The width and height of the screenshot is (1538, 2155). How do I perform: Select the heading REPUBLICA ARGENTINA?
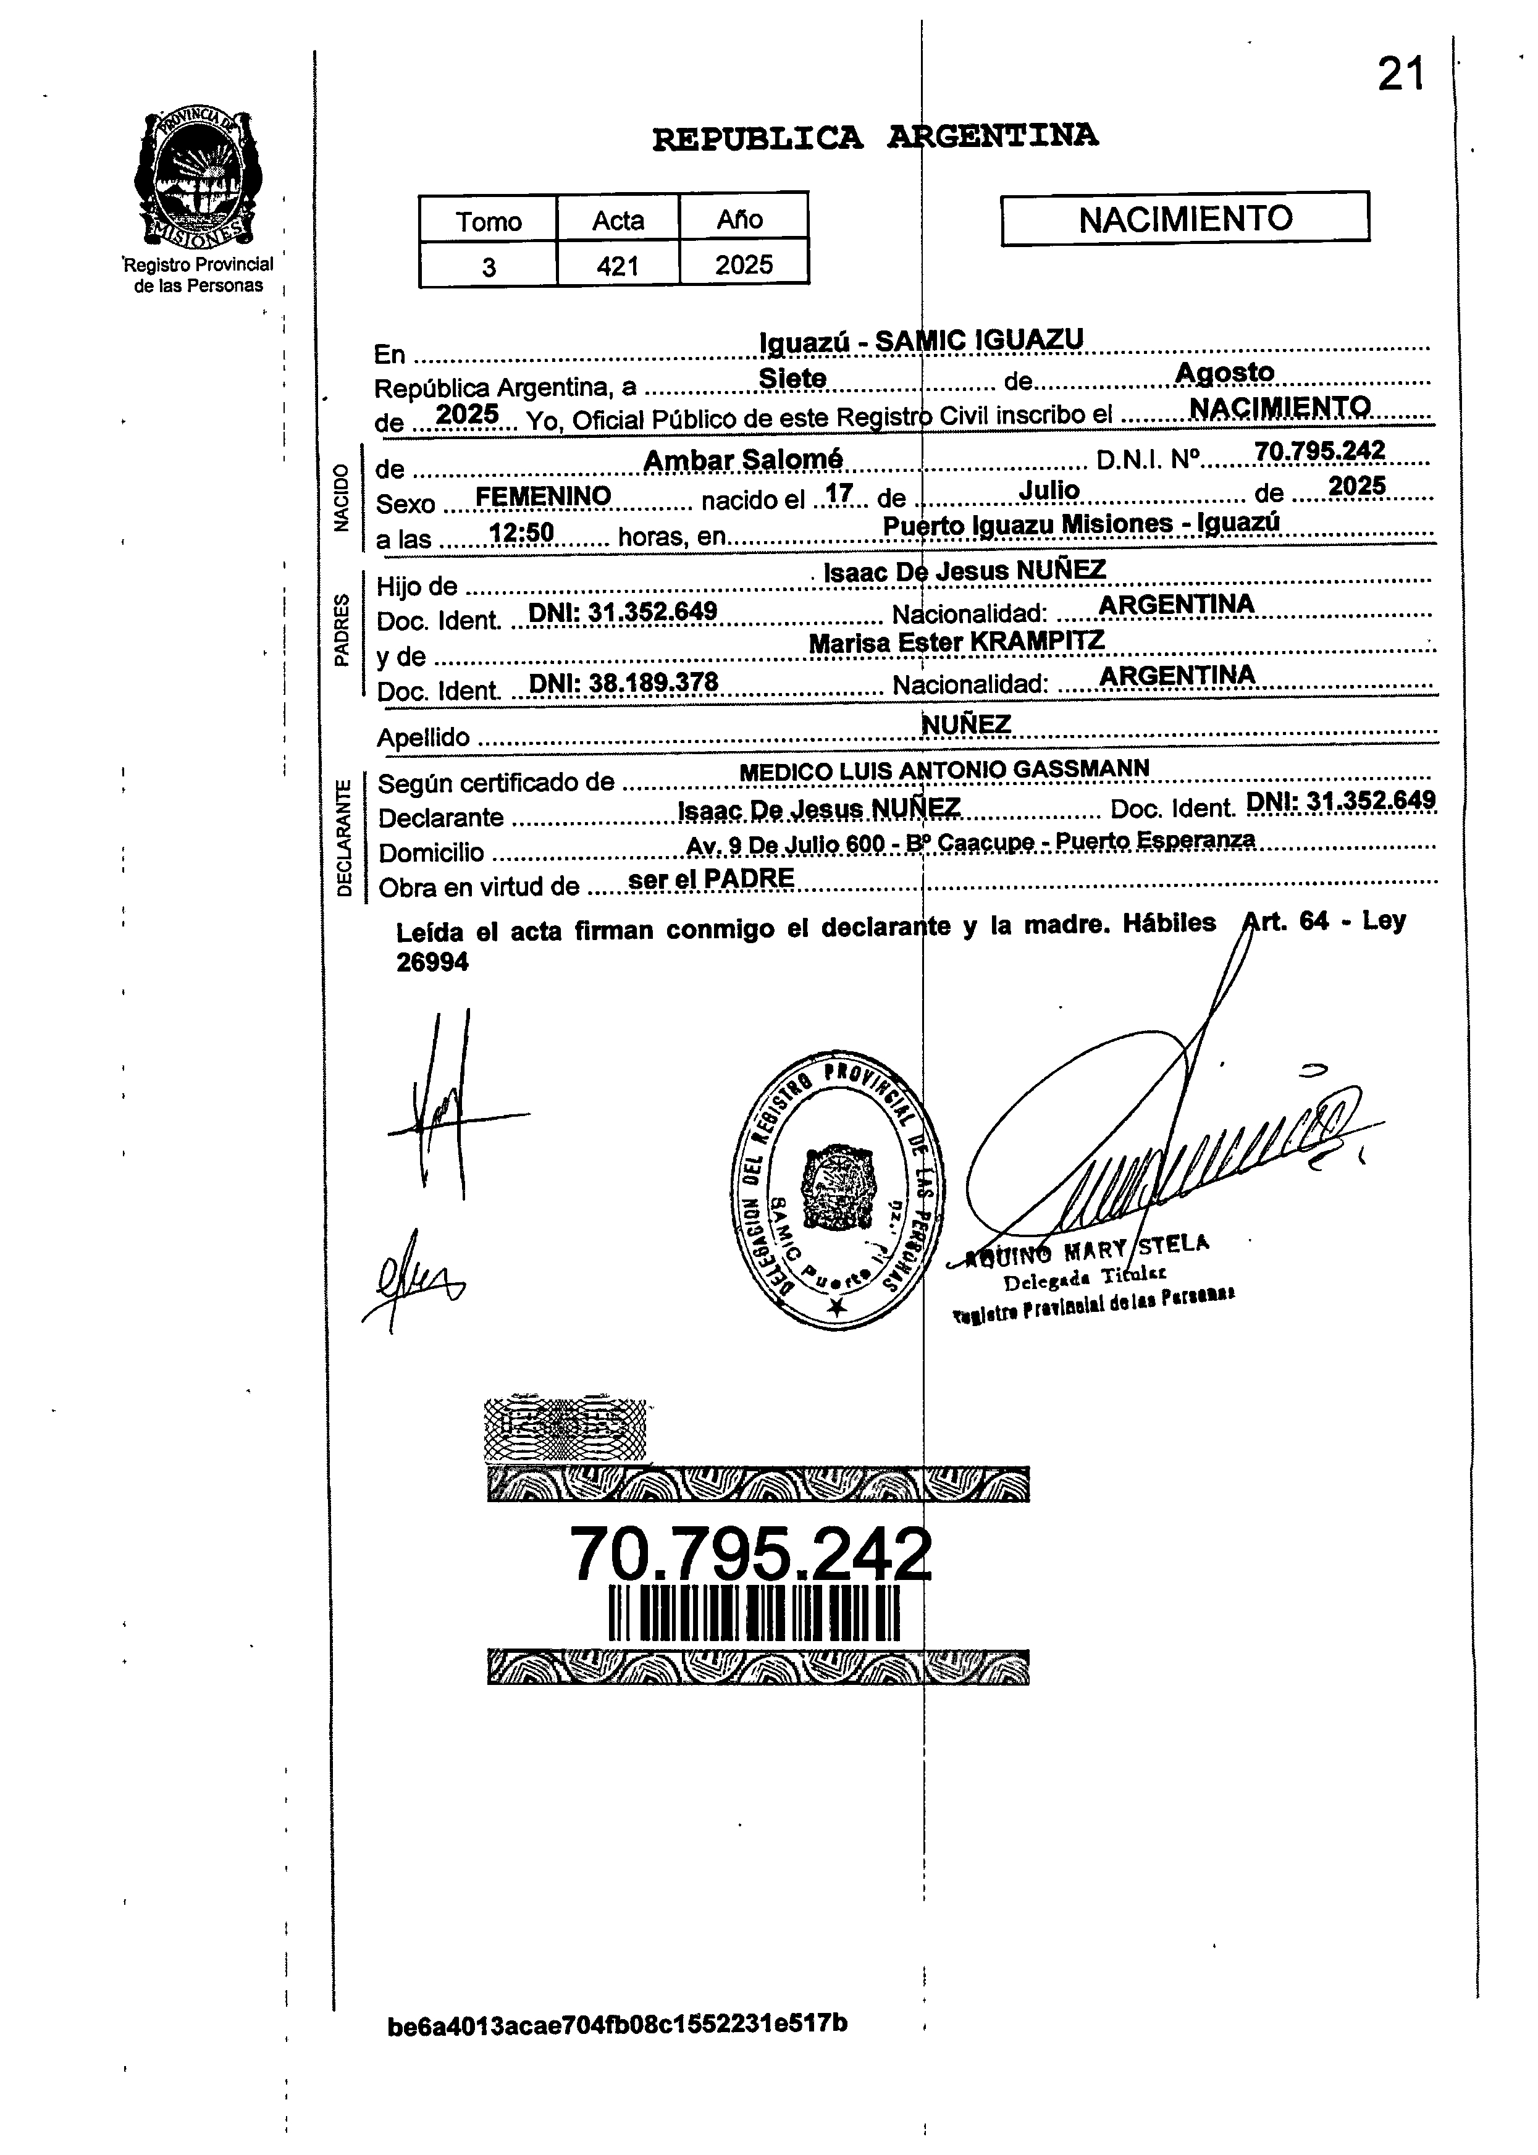(x=875, y=137)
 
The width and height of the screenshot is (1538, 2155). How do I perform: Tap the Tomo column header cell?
(x=488, y=221)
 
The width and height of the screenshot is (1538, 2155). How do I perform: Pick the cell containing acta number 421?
(x=618, y=266)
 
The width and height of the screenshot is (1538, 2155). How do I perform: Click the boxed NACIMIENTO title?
(x=1185, y=219)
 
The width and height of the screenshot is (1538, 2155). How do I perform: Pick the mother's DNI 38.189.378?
(x=623, y=683)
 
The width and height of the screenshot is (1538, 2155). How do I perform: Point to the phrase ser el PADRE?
(x=710, y=879)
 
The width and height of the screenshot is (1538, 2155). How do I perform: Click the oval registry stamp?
(x=838, y=1190)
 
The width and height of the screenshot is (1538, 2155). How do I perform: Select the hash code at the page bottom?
(x=618, y=2024)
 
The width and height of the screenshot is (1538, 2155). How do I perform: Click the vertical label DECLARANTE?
(x=345, y=836)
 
